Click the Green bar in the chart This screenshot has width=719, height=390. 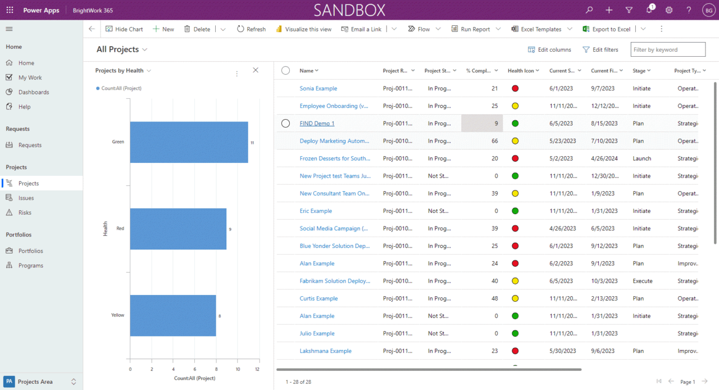[189, 142]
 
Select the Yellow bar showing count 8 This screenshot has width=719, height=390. [173, 316]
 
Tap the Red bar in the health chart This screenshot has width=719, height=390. [178, 229]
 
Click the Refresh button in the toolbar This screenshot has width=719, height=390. [251, 29]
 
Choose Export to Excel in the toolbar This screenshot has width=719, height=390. [607, 29]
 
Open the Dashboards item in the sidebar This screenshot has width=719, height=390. [34, 92]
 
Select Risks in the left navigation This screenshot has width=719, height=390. [25, 212]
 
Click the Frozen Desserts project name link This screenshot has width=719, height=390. [335, 158]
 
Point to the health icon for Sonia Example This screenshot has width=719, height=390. [515, 88]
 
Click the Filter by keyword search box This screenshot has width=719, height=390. [667, 49]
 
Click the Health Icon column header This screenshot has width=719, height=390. [521, 71]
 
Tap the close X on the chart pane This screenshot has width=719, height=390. [256, 70]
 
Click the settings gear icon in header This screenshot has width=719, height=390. [669, 10]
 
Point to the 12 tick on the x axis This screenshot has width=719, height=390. [257, 369]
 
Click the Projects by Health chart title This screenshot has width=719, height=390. [119, 71]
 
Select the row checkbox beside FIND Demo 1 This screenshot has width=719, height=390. [285, 123]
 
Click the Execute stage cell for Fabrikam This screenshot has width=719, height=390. [643, 281]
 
